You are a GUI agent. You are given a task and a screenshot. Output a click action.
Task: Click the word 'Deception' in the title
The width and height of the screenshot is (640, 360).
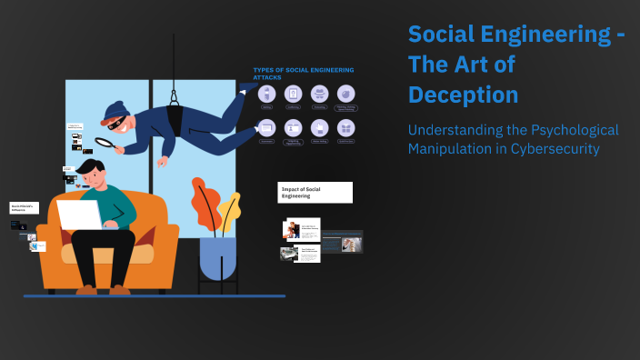pyautogui.click(x=463, y=95)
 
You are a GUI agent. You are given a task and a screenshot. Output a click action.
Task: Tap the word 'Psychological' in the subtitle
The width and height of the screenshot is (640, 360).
pyautogui.click(x=565, y=130)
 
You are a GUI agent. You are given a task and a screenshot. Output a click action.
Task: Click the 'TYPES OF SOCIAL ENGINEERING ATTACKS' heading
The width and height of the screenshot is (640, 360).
pyautogui.click(x=303, y=73)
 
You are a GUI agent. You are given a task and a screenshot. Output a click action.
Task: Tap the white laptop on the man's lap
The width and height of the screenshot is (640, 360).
pyautogui.click(x=80, y=215)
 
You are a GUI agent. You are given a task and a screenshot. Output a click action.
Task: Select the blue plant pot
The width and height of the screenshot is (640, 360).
pyautogui.click(x=217, y=258)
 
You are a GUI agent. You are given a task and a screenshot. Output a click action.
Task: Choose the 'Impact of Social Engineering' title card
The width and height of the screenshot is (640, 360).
pyautogui.click(x=315, y=192)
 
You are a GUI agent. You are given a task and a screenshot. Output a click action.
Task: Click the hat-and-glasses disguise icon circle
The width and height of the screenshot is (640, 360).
pyautogui.click(x=319, y=94)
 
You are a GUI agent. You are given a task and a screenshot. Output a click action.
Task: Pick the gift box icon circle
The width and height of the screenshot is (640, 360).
pyautogui.click(x=345, y=128)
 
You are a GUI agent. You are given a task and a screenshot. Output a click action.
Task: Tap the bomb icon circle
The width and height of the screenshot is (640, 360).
pyautogui.click(x=345, y=94)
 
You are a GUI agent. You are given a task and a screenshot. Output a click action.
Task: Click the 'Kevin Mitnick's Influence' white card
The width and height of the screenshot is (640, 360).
pyautogui.click(x=25, y=208)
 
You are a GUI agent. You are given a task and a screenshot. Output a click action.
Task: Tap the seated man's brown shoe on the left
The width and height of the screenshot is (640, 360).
pyautogui.click(x=87, y=289)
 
